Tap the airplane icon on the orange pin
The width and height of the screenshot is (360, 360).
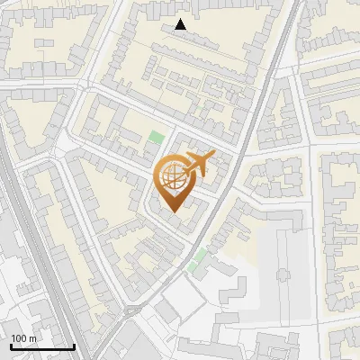[198, 163]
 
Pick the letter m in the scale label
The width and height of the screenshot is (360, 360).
[32, 338]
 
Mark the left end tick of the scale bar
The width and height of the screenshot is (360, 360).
[10, 346]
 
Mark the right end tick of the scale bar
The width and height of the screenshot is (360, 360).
[75, 346]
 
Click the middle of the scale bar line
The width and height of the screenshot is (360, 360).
[42, 347]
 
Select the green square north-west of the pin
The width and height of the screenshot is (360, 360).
[157, 139]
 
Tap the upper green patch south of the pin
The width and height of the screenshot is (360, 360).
[200, 256]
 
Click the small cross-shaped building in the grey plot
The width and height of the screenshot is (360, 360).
[282, 274]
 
